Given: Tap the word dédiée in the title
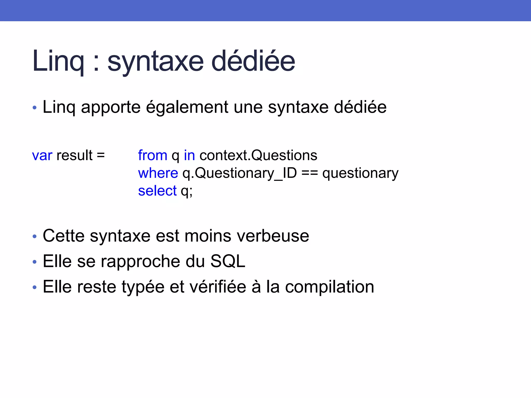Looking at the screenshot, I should click(253, 61).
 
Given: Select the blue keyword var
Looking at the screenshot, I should click(42, 155).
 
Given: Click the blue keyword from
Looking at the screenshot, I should click(152, 155).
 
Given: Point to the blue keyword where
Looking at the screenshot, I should click(158, 173).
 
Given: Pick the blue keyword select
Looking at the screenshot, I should click(157, 191).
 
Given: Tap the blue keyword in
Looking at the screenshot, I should click(189, 155).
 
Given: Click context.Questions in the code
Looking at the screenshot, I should click(258, 155).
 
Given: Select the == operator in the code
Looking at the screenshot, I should click(310, 173).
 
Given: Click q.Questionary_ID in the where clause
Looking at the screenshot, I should click(240, 173).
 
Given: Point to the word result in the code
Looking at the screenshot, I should click(74, 155).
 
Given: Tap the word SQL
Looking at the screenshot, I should click(228, 261).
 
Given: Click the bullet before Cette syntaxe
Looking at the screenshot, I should click(35, 236).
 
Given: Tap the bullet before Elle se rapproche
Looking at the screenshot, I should click(35, 262).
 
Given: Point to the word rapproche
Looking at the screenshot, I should click(140, 261).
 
